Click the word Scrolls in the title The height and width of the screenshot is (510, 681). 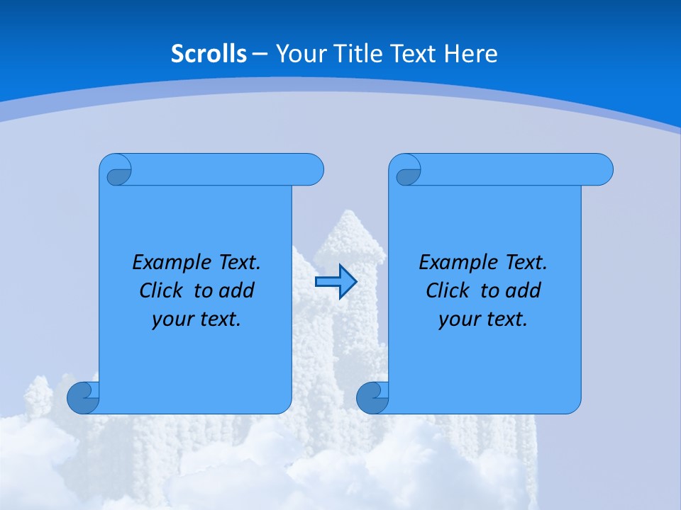[209, 53]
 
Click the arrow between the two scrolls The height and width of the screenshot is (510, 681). [336, 283]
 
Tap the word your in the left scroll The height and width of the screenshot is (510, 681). [172, 319]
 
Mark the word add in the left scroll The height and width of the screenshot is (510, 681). [238, 290]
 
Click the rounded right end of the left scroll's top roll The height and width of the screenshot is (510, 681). [312, 169]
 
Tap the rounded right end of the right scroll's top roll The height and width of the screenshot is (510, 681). [602, 169]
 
